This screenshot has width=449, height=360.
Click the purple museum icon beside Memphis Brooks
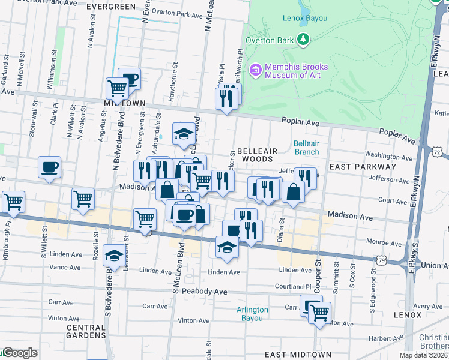pyautogui.click(x=256, y=71)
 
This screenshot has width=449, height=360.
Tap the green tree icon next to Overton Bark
pyautogui.click(x=304, y=40)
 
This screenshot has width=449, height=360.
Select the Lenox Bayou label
pyautogui.click(x=305, y=18)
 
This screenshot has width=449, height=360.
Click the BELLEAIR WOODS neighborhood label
pyautogui.click(x=255, y=155)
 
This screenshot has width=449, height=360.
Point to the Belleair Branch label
pyautogui.click(x=306, y=148)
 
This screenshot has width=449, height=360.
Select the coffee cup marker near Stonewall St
pyautogui.click(x=49, y=167)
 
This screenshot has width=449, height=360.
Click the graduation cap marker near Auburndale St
pyautogui.click(x=184, y=134)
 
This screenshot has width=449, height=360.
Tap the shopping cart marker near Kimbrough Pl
pyautogui.click(x=13, y=202)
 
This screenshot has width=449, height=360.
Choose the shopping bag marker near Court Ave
pyautogui.click(x=294, y=193)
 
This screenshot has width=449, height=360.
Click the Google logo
pyautogui.click(x=20, y=353)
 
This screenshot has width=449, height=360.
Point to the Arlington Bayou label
pyautogui.click(x=252, y=314)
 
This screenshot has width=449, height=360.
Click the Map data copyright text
pyautogui.click(x=424, y=355)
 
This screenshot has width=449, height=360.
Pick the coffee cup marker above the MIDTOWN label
pyautogui.click(x=129, y=78)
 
